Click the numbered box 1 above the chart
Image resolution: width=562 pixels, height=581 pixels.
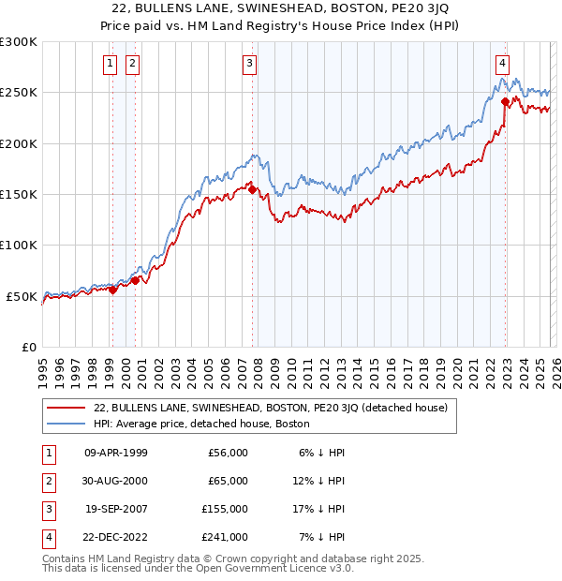(111, 64)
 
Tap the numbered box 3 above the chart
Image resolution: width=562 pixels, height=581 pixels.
(250, 64)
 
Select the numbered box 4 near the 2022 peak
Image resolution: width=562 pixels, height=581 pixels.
(503, 64)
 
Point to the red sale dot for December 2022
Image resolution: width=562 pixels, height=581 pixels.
(506, 102)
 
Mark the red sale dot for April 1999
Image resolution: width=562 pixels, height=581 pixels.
(112, 290)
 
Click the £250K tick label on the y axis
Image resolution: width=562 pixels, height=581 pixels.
(19, 93)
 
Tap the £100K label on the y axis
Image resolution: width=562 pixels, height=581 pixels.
(19, 245)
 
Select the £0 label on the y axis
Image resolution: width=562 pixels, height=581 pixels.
(28, 347)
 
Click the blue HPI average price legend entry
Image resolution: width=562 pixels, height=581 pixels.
(201, 424)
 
